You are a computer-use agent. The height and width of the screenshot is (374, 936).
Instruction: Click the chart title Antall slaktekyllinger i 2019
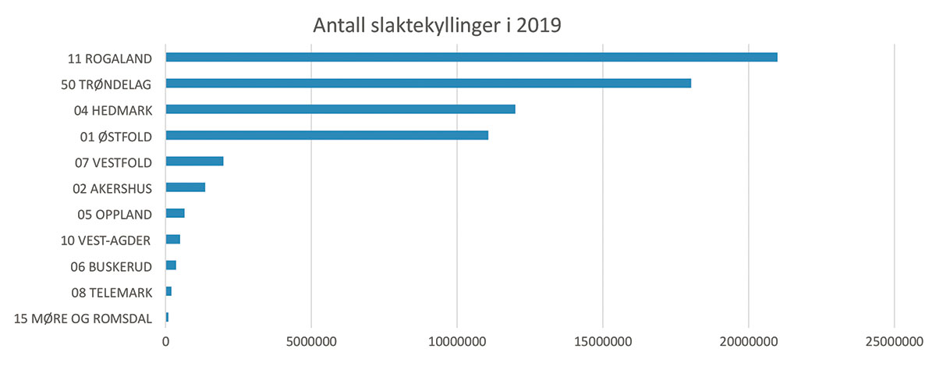(437, 25)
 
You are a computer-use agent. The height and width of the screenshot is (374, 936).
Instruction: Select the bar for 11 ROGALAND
(471, 57)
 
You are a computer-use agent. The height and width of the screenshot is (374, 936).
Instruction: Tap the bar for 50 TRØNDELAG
(428, 84)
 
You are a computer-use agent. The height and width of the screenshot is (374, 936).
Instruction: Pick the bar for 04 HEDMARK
(340, 109)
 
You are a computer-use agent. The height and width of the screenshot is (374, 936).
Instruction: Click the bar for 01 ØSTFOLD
(327, 135)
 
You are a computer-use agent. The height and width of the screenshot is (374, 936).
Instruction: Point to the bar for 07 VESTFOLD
(194, 161)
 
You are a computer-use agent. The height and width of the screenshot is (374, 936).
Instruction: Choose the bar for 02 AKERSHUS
(185, 187)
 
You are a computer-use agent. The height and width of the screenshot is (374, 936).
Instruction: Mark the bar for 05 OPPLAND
(175, 213)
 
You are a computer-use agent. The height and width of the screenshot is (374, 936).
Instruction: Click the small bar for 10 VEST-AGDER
(172, 239)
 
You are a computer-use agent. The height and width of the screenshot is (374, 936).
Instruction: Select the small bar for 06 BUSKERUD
(171, 265)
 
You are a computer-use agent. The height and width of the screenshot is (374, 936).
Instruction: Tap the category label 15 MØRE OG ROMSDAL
(83, 318)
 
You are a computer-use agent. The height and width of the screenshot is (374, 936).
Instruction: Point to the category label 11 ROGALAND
(109, 58)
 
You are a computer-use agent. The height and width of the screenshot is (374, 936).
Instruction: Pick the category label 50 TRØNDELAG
(106, 84)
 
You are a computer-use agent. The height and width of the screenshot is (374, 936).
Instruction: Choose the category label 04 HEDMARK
(112, 110)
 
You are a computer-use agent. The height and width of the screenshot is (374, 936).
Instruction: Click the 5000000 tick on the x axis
(311, 342)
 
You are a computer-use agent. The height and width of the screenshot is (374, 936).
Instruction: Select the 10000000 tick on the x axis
(457, 342)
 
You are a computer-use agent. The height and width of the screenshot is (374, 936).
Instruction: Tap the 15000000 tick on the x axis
(603, 342)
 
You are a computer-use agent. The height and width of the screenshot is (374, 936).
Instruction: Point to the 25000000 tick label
(894, 342)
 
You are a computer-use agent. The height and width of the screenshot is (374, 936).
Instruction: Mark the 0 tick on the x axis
(166, 342)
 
